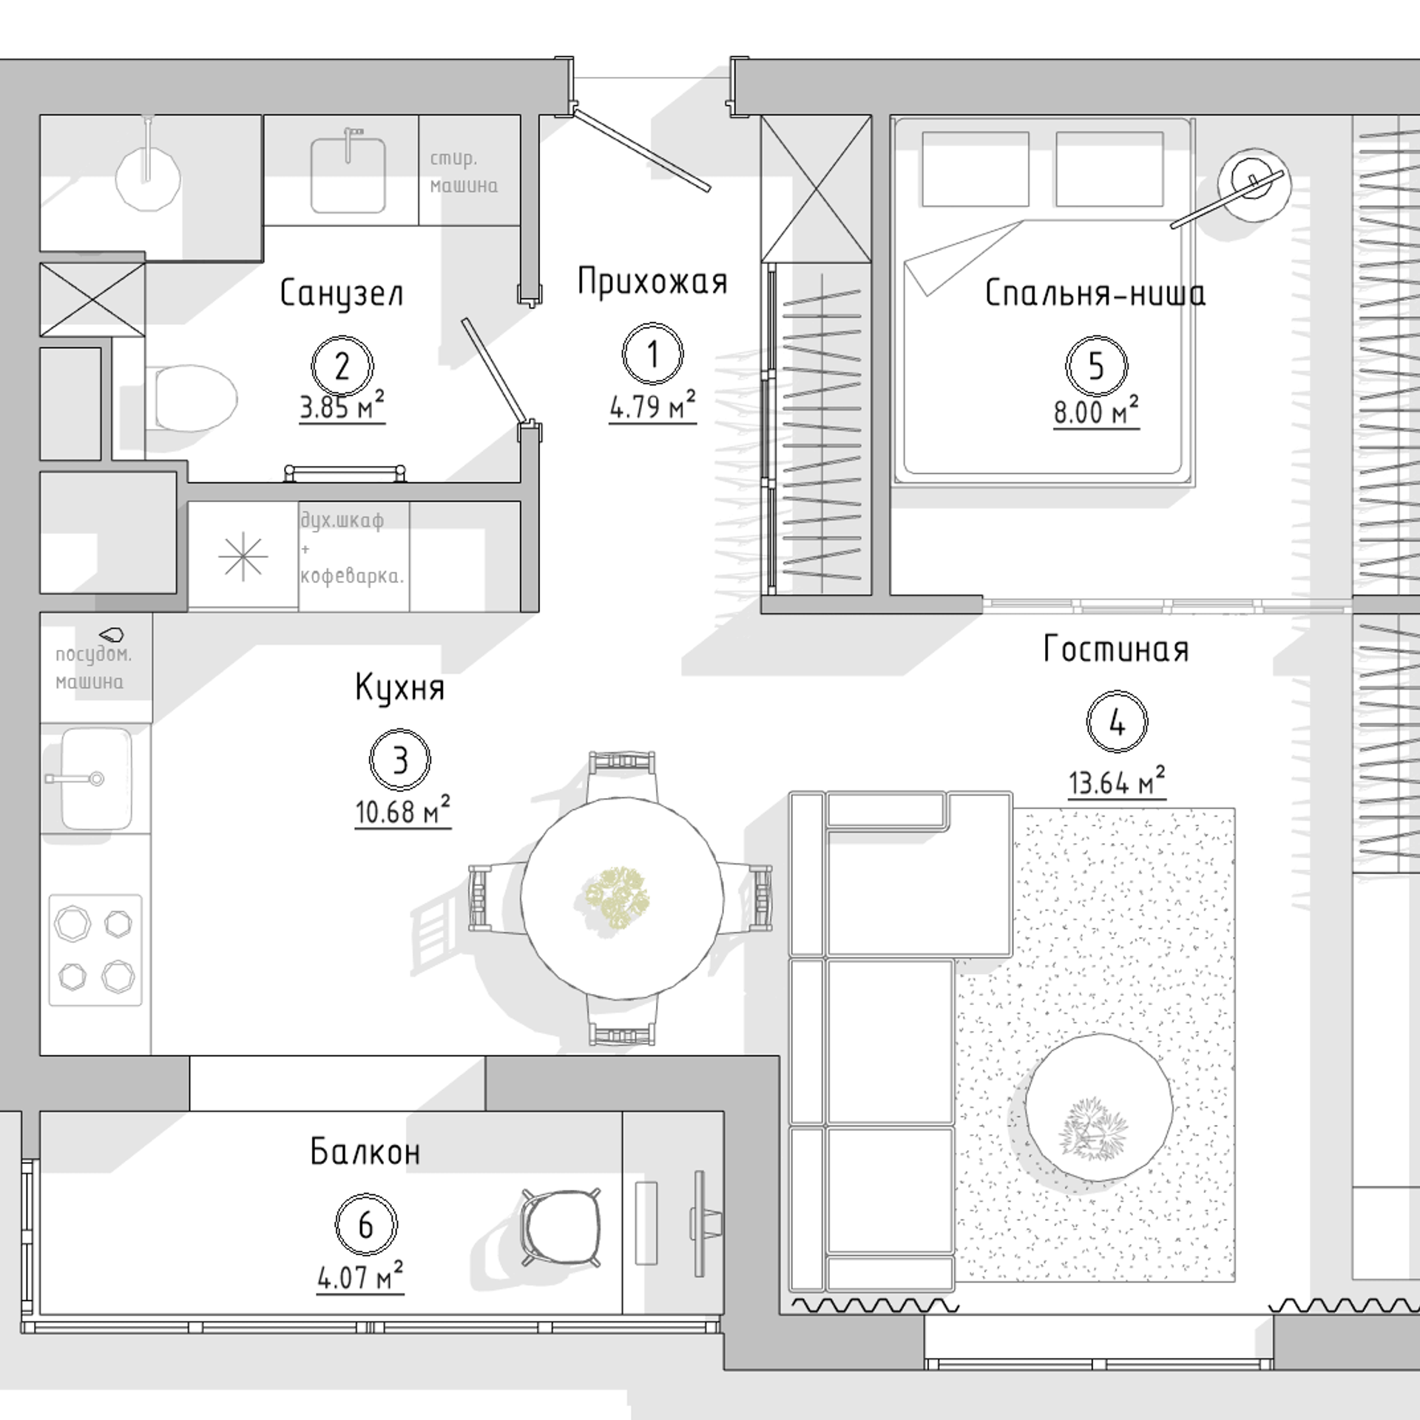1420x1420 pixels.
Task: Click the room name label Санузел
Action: (342, 294)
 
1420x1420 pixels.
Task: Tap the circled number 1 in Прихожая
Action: (652, 354)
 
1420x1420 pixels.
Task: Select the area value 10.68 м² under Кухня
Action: (402, 811)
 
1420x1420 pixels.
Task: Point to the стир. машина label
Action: (464, 172)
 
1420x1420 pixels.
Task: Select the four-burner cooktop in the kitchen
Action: (95, 950)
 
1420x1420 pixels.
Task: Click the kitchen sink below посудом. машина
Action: (95, 778)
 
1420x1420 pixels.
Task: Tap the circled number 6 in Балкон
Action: (365, 1224)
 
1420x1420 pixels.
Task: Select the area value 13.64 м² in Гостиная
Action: (1116, 783)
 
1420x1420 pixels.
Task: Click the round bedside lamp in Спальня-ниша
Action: (1255, 183)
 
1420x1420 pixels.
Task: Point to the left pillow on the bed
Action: (976, 169)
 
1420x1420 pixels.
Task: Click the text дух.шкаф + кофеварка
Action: (352, 549)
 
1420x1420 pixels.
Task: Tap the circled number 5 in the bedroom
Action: (1096, 365)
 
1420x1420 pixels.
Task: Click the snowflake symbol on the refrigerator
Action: (243, 557)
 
